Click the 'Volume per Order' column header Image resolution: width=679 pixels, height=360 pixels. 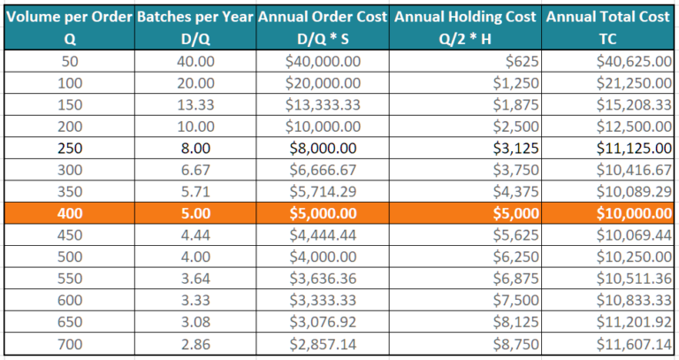(x=69, y=17)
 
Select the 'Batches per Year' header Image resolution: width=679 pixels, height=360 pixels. (x=195, y=17)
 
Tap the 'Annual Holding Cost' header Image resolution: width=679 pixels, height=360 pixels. (x=467, y=17)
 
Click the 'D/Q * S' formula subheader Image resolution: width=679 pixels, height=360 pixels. (x=324, y=39)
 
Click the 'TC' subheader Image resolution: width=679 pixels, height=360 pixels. (x=609, y=39)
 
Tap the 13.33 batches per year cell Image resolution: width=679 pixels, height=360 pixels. (x=195, y=104)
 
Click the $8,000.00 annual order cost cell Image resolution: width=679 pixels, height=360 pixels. (x=324, y=148)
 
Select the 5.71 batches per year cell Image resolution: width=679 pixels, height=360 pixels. (x=195, y=191)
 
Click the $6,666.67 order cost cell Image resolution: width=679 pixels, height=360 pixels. (x=324, y=170)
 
